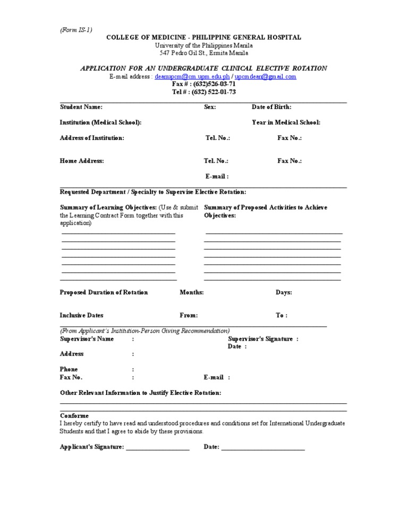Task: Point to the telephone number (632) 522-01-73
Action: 204,92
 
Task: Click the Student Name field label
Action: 81,107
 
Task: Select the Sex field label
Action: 210,107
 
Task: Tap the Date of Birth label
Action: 271,107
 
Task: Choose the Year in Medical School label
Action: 286,122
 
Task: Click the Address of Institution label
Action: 92,138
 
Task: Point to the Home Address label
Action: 82,161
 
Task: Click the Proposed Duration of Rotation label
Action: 104,292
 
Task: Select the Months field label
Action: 192,292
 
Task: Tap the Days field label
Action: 283,292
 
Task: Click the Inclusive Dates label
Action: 82,315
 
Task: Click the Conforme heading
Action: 74,416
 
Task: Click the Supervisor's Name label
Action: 87,339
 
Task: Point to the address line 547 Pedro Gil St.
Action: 204,53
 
